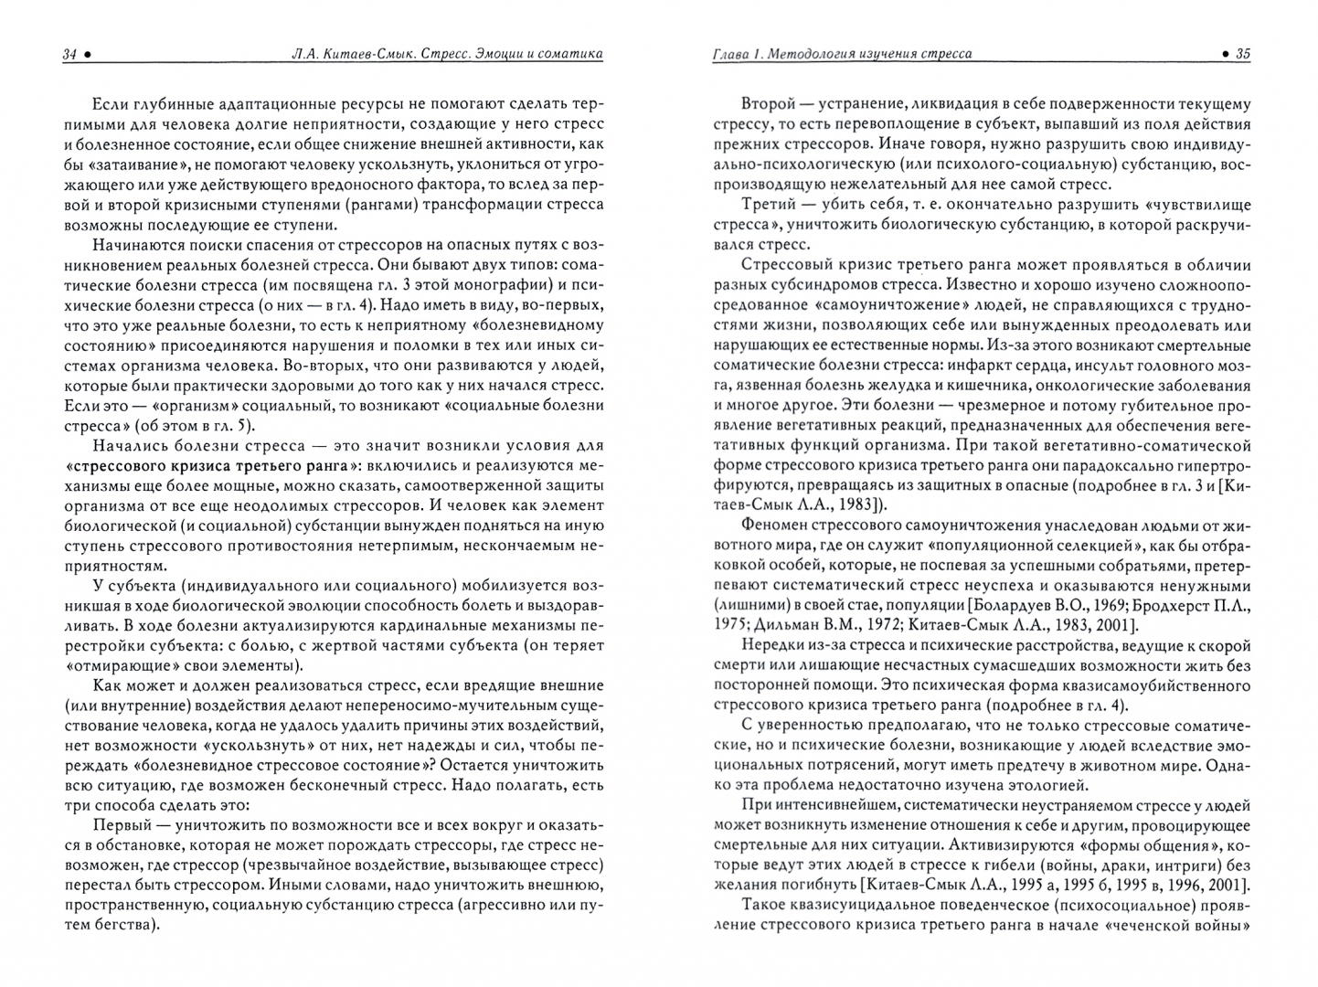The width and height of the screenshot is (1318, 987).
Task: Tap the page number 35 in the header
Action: (1242, 54)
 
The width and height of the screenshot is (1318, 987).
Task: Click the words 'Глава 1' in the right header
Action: (735, 54)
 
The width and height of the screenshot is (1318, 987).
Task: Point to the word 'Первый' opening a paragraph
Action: (123, 824)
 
